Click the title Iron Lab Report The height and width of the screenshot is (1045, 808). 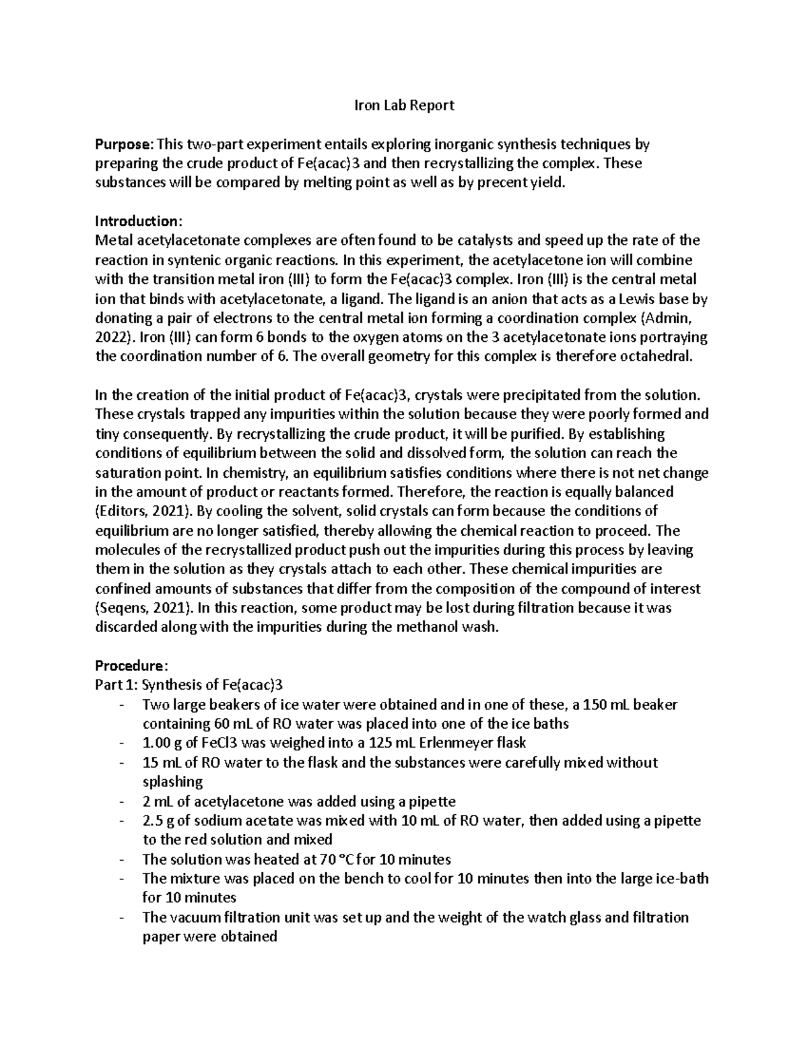(x=405, y=105)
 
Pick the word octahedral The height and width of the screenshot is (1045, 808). (x=652, y=357)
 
